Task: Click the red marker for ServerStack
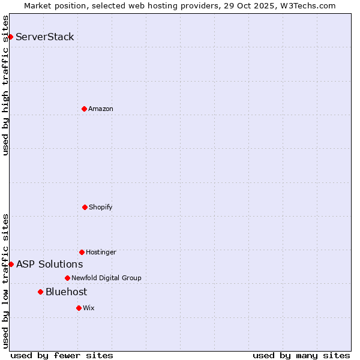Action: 10,37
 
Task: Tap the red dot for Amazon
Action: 84,109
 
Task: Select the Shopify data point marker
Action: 85,207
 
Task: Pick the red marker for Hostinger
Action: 82,252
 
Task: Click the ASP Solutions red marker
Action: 11,264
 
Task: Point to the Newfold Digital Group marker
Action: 67,278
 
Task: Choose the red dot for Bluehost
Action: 40,292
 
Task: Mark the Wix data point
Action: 79,308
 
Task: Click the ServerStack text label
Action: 45,37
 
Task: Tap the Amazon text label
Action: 101,109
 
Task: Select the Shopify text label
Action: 101,207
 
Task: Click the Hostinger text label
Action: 101,252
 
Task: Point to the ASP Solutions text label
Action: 50,264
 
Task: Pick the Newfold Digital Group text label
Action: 106,278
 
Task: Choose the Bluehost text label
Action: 66,292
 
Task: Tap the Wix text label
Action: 89,308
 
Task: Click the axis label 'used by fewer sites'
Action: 62,355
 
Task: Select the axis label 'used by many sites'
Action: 301,355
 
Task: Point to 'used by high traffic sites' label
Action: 5,85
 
